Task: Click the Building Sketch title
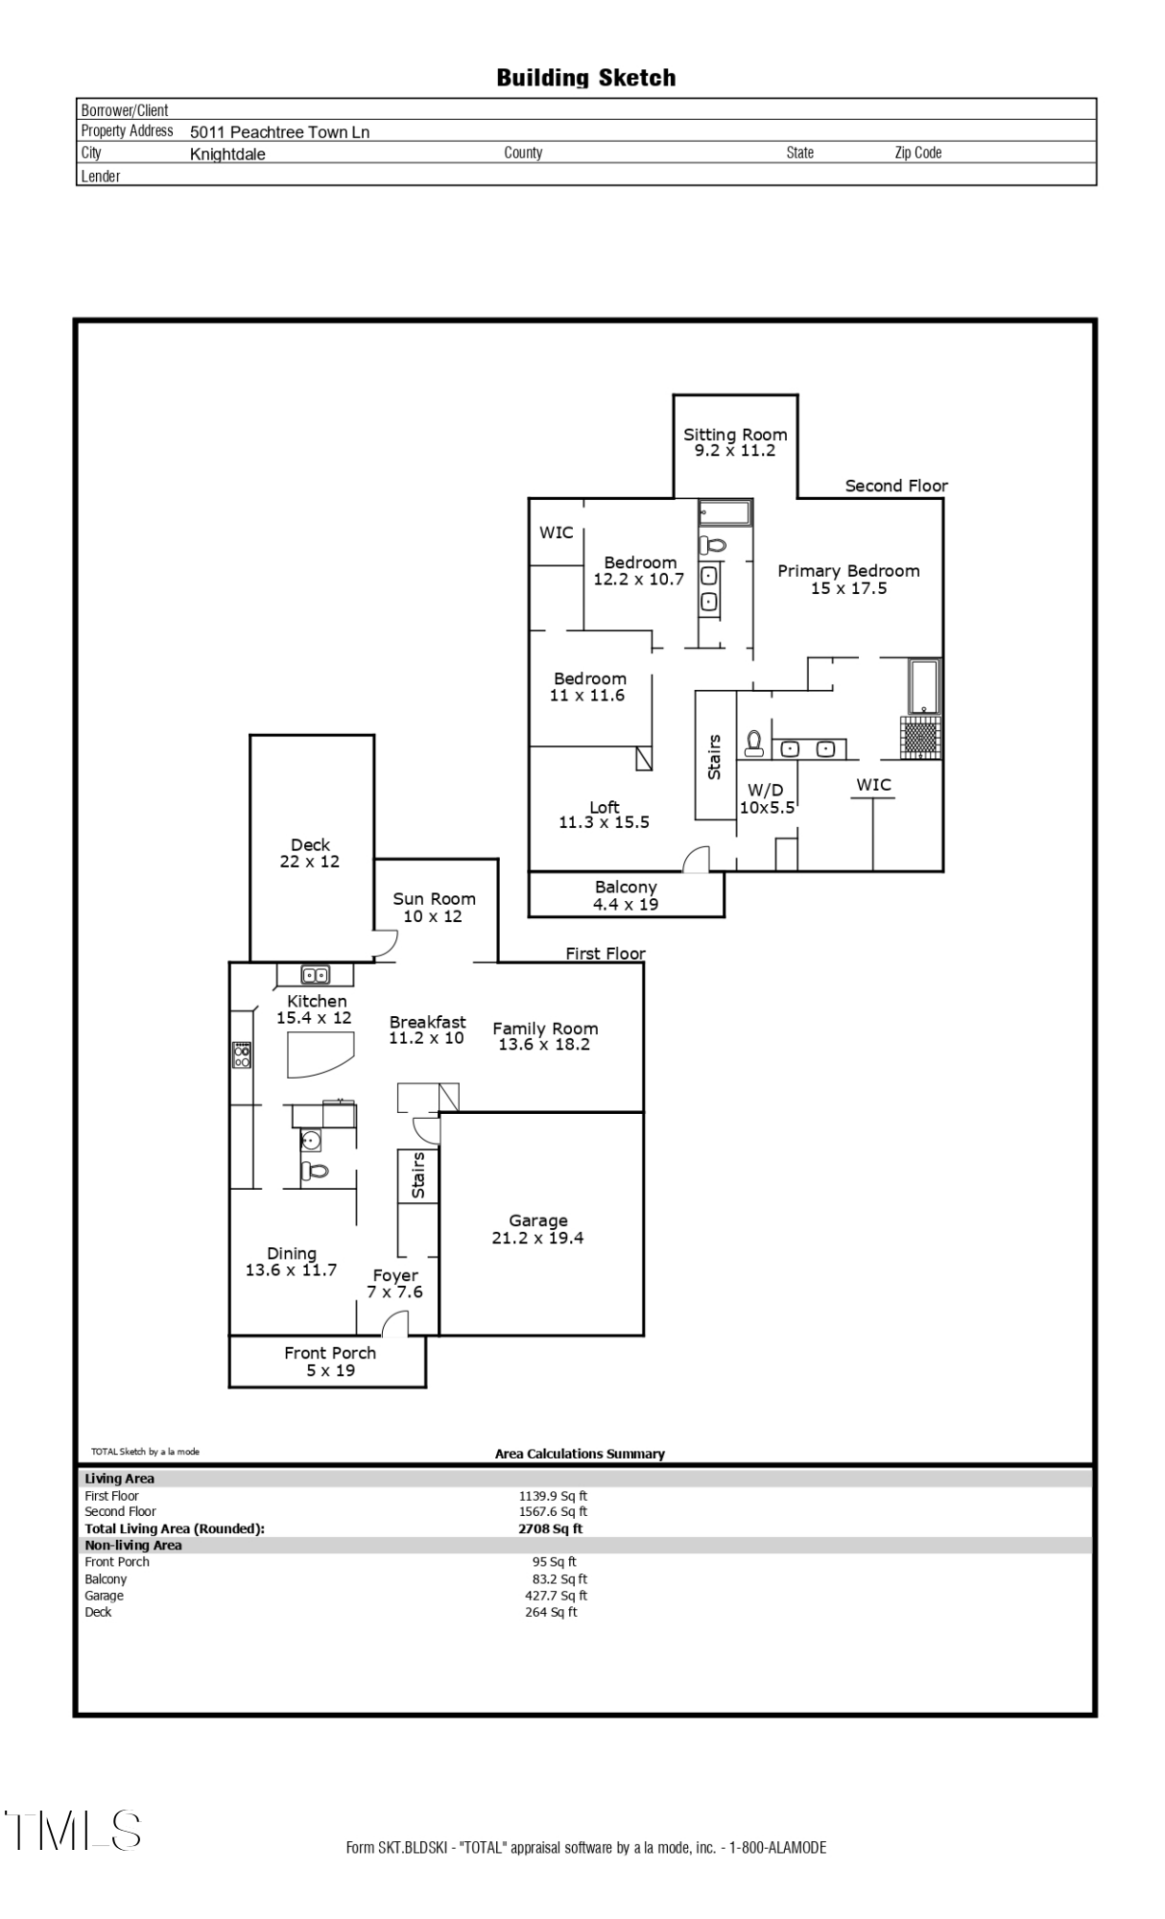tap(585, 78)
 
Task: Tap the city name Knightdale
tap(227, 154)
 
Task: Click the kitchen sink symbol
tap(315, 976)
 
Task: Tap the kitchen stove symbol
tap(242, 1054)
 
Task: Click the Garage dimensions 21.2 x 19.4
tap(537, 1238)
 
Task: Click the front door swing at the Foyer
tap(395, 1324)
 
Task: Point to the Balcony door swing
tap(696, 860)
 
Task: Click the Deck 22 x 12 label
tap(310, 853)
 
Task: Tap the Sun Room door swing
tap(385, 945)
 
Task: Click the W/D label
tap(765, 790)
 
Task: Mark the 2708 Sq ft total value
tap(550, 1528)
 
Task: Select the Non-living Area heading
tap(133, 1545)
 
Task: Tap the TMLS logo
tap(73, 1830)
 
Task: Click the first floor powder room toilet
tap(314, 1171)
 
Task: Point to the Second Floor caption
tap(895, 486)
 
